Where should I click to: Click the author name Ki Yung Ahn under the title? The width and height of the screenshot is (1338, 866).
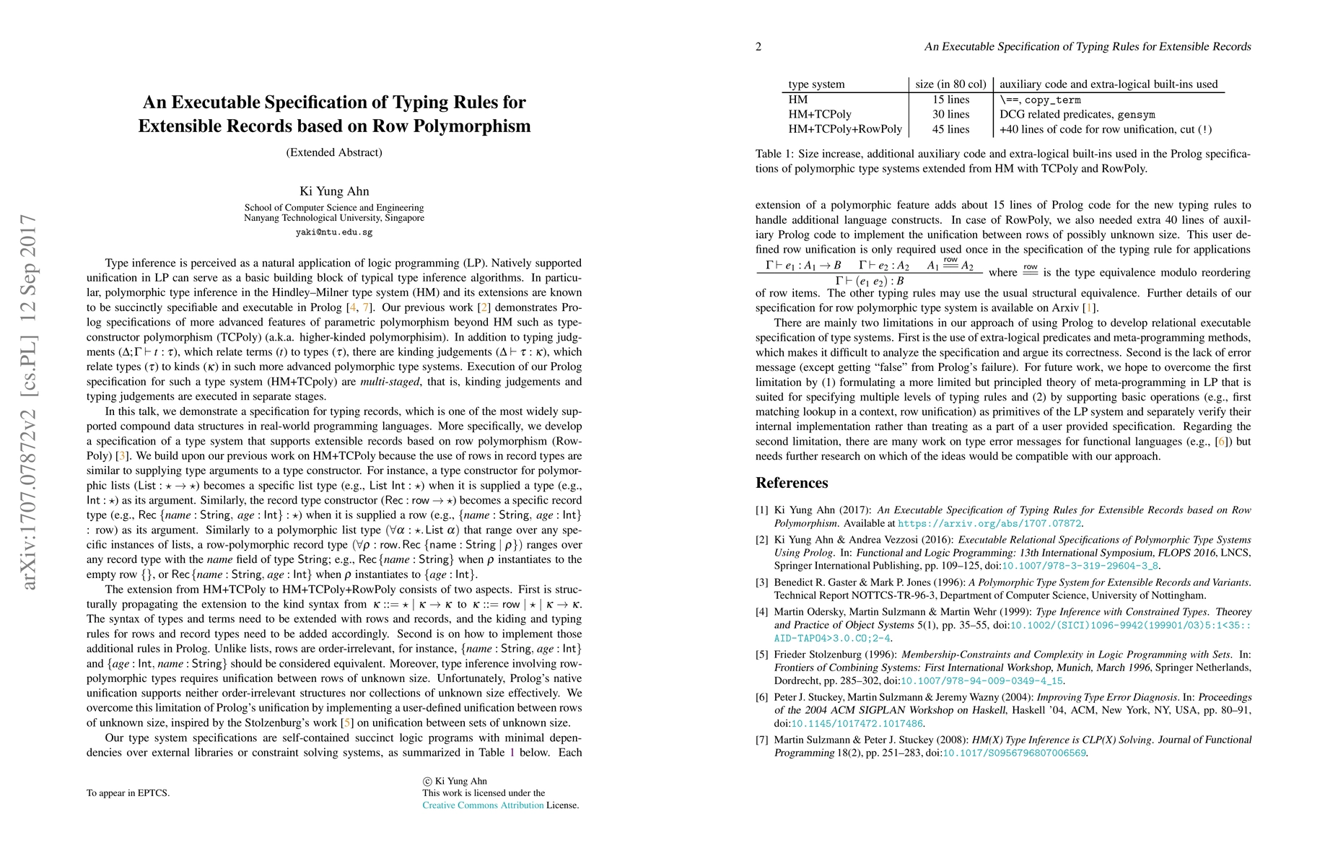tap(334, 191)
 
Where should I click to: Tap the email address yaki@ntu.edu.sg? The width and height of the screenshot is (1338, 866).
tap(334, 232)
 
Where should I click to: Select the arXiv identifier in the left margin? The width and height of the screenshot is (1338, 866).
tap(28, 401)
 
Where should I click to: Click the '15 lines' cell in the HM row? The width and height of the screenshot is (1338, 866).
tap(950, 100)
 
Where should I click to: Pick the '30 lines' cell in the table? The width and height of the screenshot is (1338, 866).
tap(950, 114)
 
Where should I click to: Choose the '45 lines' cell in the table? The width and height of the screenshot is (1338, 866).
tap(950, 129)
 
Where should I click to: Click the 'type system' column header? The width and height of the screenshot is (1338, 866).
tap(816, 84)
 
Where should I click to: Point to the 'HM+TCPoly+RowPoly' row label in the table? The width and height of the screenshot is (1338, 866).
tap(844, 129)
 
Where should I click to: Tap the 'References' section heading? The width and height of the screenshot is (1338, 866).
tap(792, 483)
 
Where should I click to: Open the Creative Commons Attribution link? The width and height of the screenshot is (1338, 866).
tap(483, 805)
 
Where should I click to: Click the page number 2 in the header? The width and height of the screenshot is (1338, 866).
tap(758, 47)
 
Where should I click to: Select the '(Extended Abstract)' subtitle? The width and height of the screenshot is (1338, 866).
tap(334, 152)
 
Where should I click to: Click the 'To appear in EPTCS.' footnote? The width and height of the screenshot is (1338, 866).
tap(128, 793)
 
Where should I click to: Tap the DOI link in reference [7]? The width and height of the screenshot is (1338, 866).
tap(1014, 753)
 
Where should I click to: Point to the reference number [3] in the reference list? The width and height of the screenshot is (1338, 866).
tap(762, 582)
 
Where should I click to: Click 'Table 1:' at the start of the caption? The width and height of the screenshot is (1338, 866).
tap(774, 154)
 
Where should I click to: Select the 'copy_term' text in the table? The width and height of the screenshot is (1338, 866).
tap(1052, 100)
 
